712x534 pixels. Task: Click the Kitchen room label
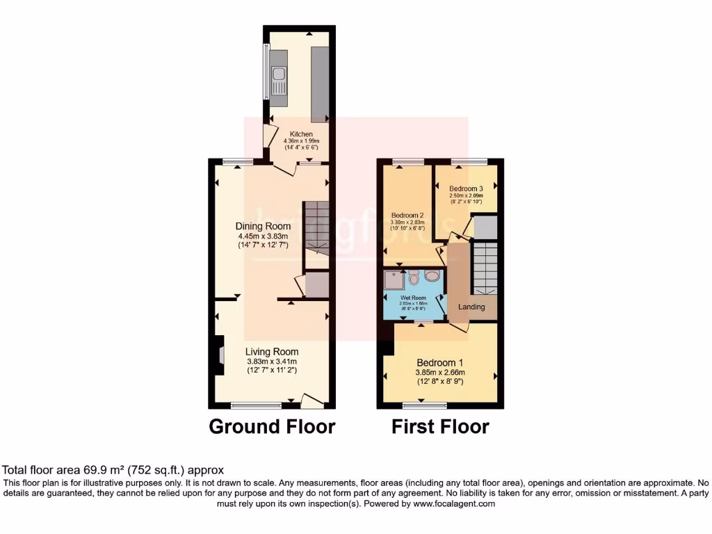point(301,134)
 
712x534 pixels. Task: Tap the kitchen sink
point(279,82)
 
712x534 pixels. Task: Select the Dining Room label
point(263,226)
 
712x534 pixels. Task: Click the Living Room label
point(272,352)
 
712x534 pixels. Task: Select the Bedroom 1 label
point(439,363)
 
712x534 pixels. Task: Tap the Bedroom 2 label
point(407,215)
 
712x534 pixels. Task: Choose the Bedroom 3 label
point(465,189)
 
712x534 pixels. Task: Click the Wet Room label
point(412,297)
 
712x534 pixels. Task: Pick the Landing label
point(471,307)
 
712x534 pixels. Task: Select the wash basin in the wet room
point(431,276)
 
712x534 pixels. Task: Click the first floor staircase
point(485,268)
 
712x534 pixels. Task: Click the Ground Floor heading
point(272,426)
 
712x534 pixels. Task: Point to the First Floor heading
point(440,426)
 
